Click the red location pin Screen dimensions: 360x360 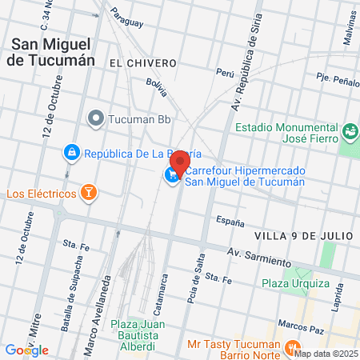(180, 162)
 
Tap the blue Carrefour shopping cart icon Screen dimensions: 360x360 (172, 175)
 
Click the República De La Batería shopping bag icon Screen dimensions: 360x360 (71, 151)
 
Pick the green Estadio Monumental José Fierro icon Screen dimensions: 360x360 (349, 130)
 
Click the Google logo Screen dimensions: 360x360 (26, 350)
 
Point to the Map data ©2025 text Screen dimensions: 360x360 (325, 353)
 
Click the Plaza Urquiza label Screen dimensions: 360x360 (294, 283)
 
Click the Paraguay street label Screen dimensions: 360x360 (127, 14)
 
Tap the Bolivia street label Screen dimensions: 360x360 (156, 87)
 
